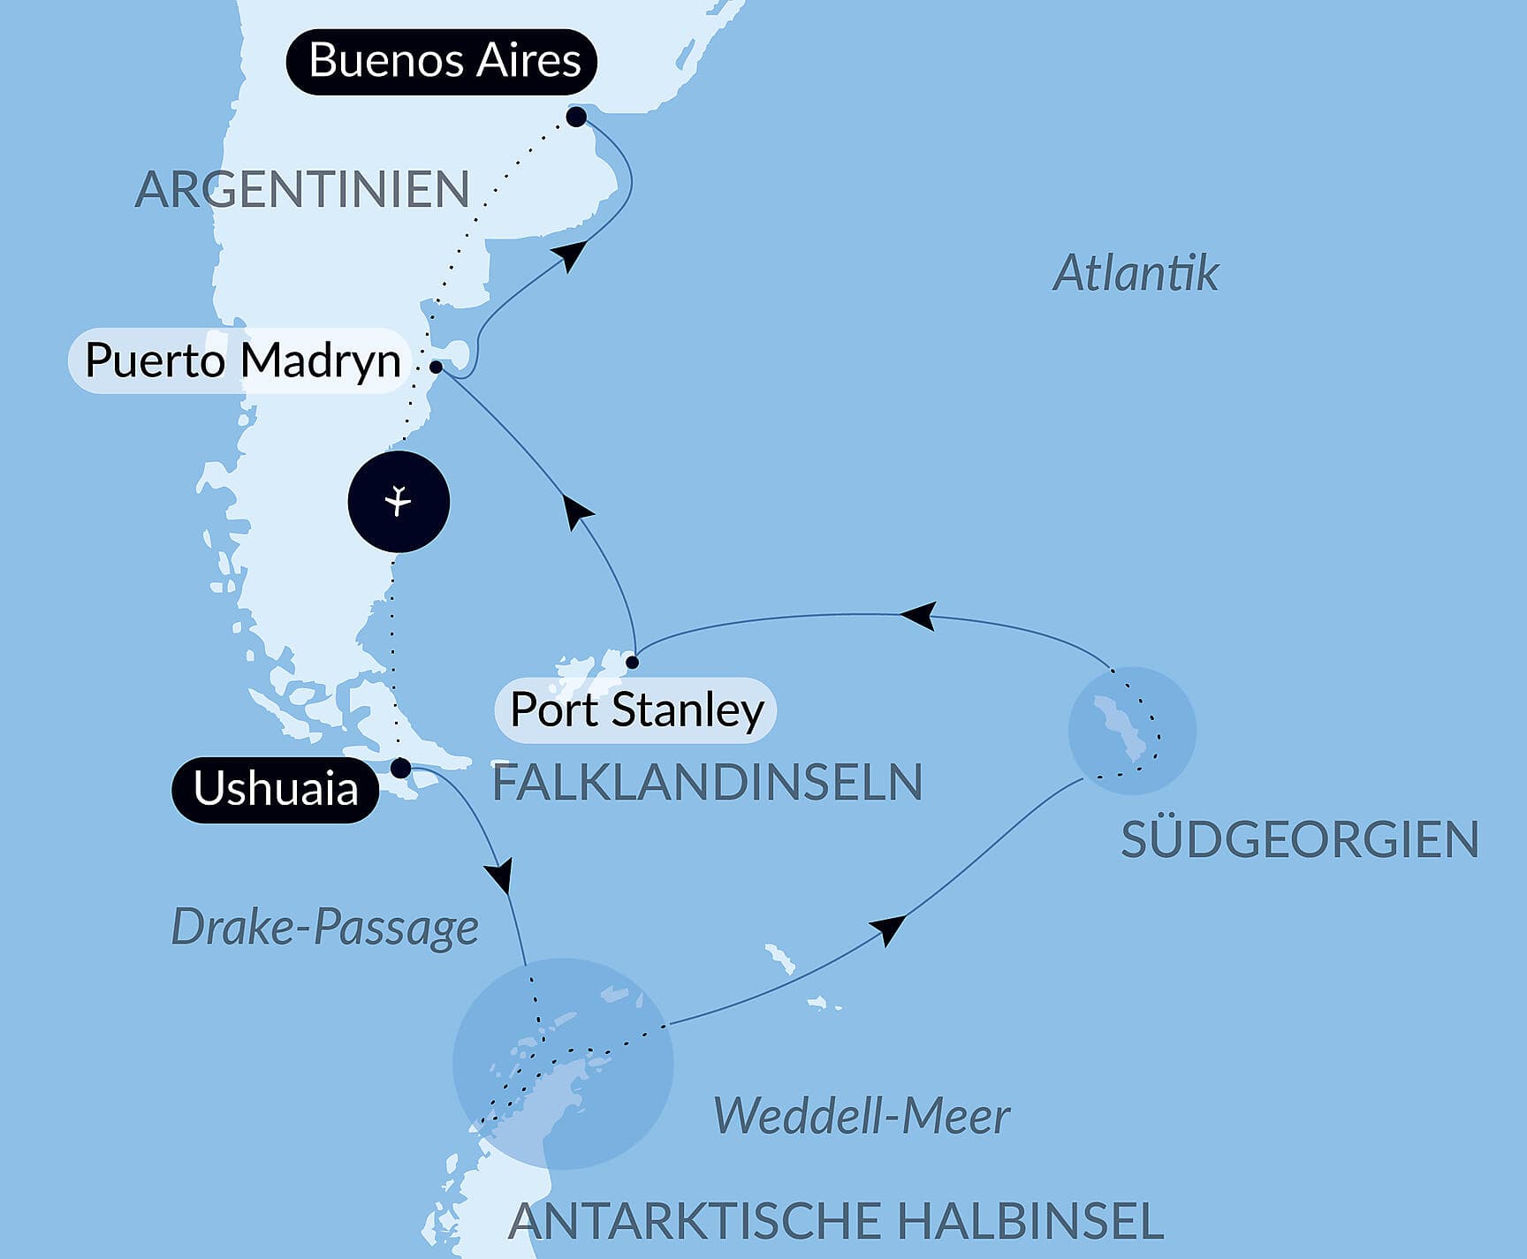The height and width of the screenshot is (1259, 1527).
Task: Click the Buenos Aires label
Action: (x=442, y=62)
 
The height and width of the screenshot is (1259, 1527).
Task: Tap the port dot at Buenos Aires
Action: (x=576, y=117)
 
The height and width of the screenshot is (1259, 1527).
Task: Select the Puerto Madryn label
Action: (x=241, y=360)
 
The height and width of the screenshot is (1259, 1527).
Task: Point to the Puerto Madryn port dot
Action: (x=436, y=366)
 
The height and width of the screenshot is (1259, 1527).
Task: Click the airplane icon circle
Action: (x=399, y=502)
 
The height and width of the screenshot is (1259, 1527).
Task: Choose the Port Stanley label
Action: (x=636, y=710)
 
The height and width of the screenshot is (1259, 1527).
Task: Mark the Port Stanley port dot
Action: (x=632, y=662)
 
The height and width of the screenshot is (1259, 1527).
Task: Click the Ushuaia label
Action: (x=275, y=789)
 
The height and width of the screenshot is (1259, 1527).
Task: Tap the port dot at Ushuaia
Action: (x=400, y=768)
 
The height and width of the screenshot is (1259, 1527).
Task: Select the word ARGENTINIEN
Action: (x=301, y=190)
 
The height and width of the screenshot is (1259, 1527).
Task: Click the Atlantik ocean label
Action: (x=1136, y=273)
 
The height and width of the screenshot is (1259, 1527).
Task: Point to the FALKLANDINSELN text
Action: (x=707, y=783)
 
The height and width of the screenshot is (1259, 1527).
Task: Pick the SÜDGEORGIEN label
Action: (x=1299, y=839)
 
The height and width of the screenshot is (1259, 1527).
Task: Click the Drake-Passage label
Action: (x=324, y=928)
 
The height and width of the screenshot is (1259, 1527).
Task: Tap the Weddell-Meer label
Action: (x=861, y=1116)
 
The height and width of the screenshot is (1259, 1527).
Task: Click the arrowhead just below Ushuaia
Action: (x=501, y=876)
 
